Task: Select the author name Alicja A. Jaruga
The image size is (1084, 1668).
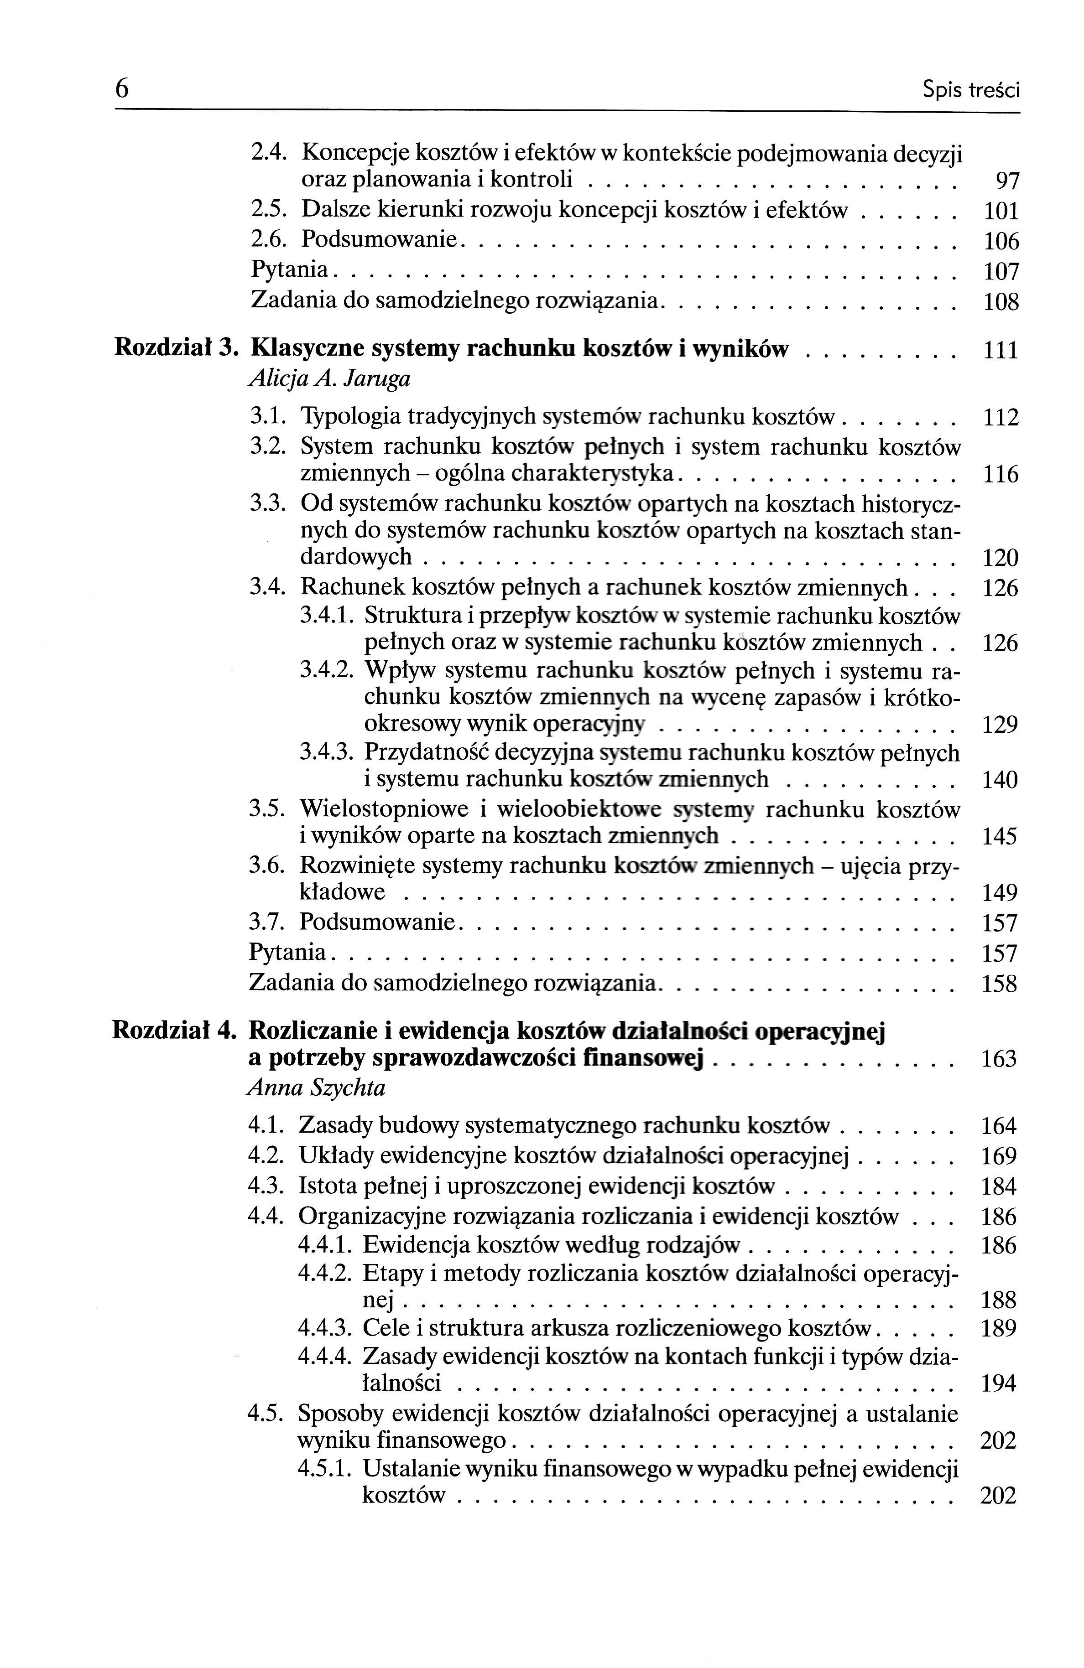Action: coord(329,379)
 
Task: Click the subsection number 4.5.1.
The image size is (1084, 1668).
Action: coord(323,1468)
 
